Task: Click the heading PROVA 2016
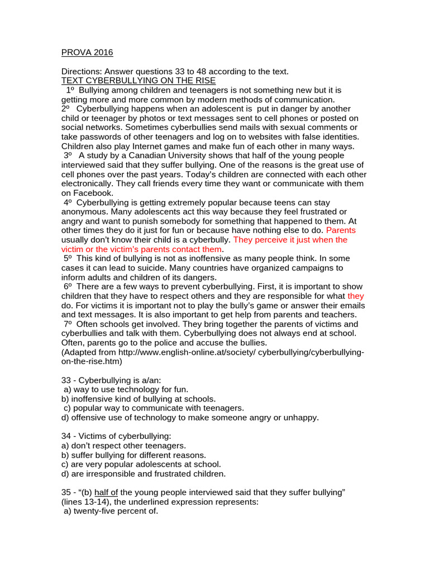(x=87, y=52)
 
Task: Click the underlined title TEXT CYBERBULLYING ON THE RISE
(x=138, y=80)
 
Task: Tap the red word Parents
(x=341, y=230)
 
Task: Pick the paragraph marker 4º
(x=68, y=202)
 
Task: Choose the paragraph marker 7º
(x=68, y=324)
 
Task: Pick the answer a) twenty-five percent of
(x=111, y=511)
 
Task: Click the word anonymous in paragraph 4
(x=83, y=211)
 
